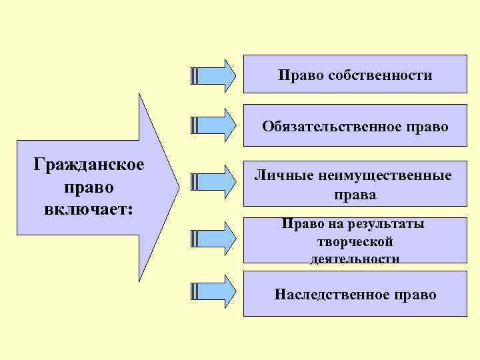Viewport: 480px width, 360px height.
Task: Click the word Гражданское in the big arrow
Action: pyautogui.click(x=90, y=165)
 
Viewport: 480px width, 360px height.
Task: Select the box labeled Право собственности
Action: pyautogui.click(x=355, y=75)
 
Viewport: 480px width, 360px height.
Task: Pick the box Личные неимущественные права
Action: pyautogui.click(x=355, y=185)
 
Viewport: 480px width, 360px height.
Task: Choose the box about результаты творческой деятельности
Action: pyautogui.click(x=355, y=241)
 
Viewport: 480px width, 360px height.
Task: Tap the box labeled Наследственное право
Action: pyautogui.click(x=355, y=294)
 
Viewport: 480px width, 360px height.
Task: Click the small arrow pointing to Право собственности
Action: pyautogui.click(x=213, y=75)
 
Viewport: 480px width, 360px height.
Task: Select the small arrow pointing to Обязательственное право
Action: pyautogui.click(x=213, y=124)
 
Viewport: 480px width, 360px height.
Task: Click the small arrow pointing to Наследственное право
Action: pyautogui.click(x=213, y=291)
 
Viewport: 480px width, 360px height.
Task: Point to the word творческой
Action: pyautogui.click(x=355, y=241)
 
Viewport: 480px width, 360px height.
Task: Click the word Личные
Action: pyautogui.click(x=275, y=176)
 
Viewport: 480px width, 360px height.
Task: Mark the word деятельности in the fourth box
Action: pyautogui.click(x=355, y=258)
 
